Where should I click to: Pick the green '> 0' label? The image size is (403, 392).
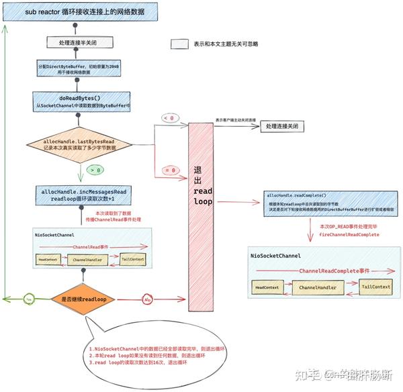click(95, 170)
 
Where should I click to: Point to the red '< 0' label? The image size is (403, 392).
click(168, 119)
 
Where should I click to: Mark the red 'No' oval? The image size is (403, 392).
click(146, 299)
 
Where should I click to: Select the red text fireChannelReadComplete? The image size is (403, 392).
click(349, 235)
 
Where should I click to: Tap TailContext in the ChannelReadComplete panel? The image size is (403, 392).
click(376, 287)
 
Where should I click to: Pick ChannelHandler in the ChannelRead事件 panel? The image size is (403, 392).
click(88, 260)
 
